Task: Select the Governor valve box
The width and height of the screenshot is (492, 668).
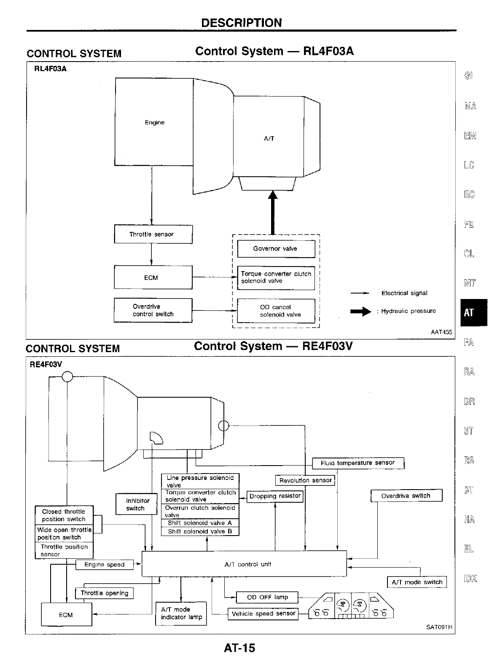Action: (x=276, y=249)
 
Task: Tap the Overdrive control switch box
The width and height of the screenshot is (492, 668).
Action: (x=153, y=310)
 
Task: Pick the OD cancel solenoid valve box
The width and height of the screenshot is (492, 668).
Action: (x=276, y=311)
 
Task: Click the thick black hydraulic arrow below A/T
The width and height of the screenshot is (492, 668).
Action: (x=273, y=213)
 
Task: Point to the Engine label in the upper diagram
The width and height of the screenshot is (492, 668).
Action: (x=155, y=122)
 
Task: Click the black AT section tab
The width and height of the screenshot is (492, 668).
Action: (x=473, y=312)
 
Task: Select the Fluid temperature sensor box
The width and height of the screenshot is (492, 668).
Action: (x=358, y=463)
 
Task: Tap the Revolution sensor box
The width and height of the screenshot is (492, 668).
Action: (x=305, y=480)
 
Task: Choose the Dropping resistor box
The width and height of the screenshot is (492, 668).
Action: (x=275, y=496)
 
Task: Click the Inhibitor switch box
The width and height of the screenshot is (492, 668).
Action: (x=136, y=504)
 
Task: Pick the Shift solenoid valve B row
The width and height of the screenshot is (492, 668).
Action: (x=200, y=531)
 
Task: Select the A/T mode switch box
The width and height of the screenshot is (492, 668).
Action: (x=417, y=582)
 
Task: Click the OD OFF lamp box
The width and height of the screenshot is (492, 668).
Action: (x=267, y=597)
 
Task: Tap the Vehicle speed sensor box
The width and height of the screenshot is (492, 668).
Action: (x=263, y=614)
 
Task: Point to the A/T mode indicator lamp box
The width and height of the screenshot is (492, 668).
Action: (x=181, y=613)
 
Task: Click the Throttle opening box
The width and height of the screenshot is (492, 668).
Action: (x=104, y=593)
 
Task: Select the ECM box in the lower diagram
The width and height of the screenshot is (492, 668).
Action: (x=66, y=615)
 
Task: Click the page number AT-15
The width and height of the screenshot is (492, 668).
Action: (x=239, y=648)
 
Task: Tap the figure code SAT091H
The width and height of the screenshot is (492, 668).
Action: (x=439, y=627)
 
